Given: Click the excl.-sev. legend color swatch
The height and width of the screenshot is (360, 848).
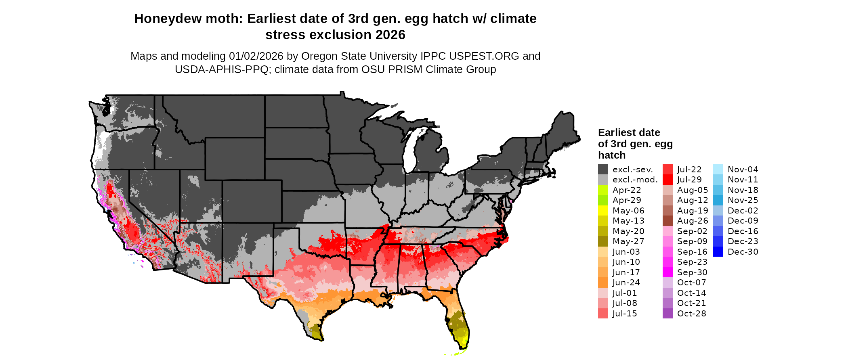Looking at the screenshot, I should [x=603, y=170].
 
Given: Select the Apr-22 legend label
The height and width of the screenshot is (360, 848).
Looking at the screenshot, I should [x=627, y=190].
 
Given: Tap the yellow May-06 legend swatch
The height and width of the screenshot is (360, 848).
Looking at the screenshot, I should [x=603, y=211].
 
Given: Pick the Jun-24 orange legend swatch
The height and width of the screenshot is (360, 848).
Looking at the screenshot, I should [x=603, y=283].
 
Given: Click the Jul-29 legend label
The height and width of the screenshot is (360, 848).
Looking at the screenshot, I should [x=689, y=180].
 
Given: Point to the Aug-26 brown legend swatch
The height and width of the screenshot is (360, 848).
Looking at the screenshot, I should [x=667, y=221].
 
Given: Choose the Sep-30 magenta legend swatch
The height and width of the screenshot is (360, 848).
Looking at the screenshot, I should [x=667, y=272].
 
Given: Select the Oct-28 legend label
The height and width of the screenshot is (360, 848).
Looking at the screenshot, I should [x=691, y=314].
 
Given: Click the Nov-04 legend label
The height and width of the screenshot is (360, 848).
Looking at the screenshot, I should [x=743, y=170].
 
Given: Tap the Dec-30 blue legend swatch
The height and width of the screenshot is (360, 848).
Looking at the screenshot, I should [x=718, y=252].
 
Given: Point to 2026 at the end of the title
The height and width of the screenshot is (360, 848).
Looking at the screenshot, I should [x=390, y=35].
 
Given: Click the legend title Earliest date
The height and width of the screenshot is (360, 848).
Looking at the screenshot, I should [x=629, y=132].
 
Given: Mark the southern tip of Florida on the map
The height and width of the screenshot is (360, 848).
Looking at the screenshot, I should [x=464, y=347].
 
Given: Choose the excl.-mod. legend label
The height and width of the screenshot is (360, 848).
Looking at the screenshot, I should [x=635, y=180].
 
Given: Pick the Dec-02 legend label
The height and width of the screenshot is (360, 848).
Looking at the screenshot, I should [x=743, y=211].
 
